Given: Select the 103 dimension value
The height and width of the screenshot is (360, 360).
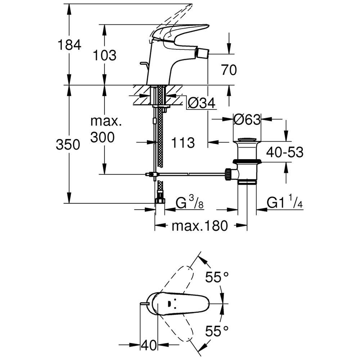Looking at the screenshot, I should click(104, 55).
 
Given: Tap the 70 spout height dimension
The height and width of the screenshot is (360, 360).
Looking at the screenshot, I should click(229, 70).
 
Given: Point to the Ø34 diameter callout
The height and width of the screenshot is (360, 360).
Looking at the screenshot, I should click(201, 104).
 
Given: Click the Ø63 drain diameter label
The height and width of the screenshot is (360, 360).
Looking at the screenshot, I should click(247, 120).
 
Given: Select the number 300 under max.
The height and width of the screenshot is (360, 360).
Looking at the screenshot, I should click(103, 137).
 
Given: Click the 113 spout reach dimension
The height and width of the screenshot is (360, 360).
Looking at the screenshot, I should click(183, 143).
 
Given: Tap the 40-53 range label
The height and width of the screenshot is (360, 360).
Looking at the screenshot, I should click(285, 152).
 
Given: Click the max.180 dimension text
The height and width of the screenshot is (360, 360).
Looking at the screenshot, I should click(199, 226).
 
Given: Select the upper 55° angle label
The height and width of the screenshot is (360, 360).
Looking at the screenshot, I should click(217, 277).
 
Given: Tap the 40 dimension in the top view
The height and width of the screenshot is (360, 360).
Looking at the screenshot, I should click(149, 346).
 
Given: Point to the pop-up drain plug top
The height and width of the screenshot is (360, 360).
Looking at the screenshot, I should click(247, 139).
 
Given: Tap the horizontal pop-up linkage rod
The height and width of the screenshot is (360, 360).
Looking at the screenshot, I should click(191, 174).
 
